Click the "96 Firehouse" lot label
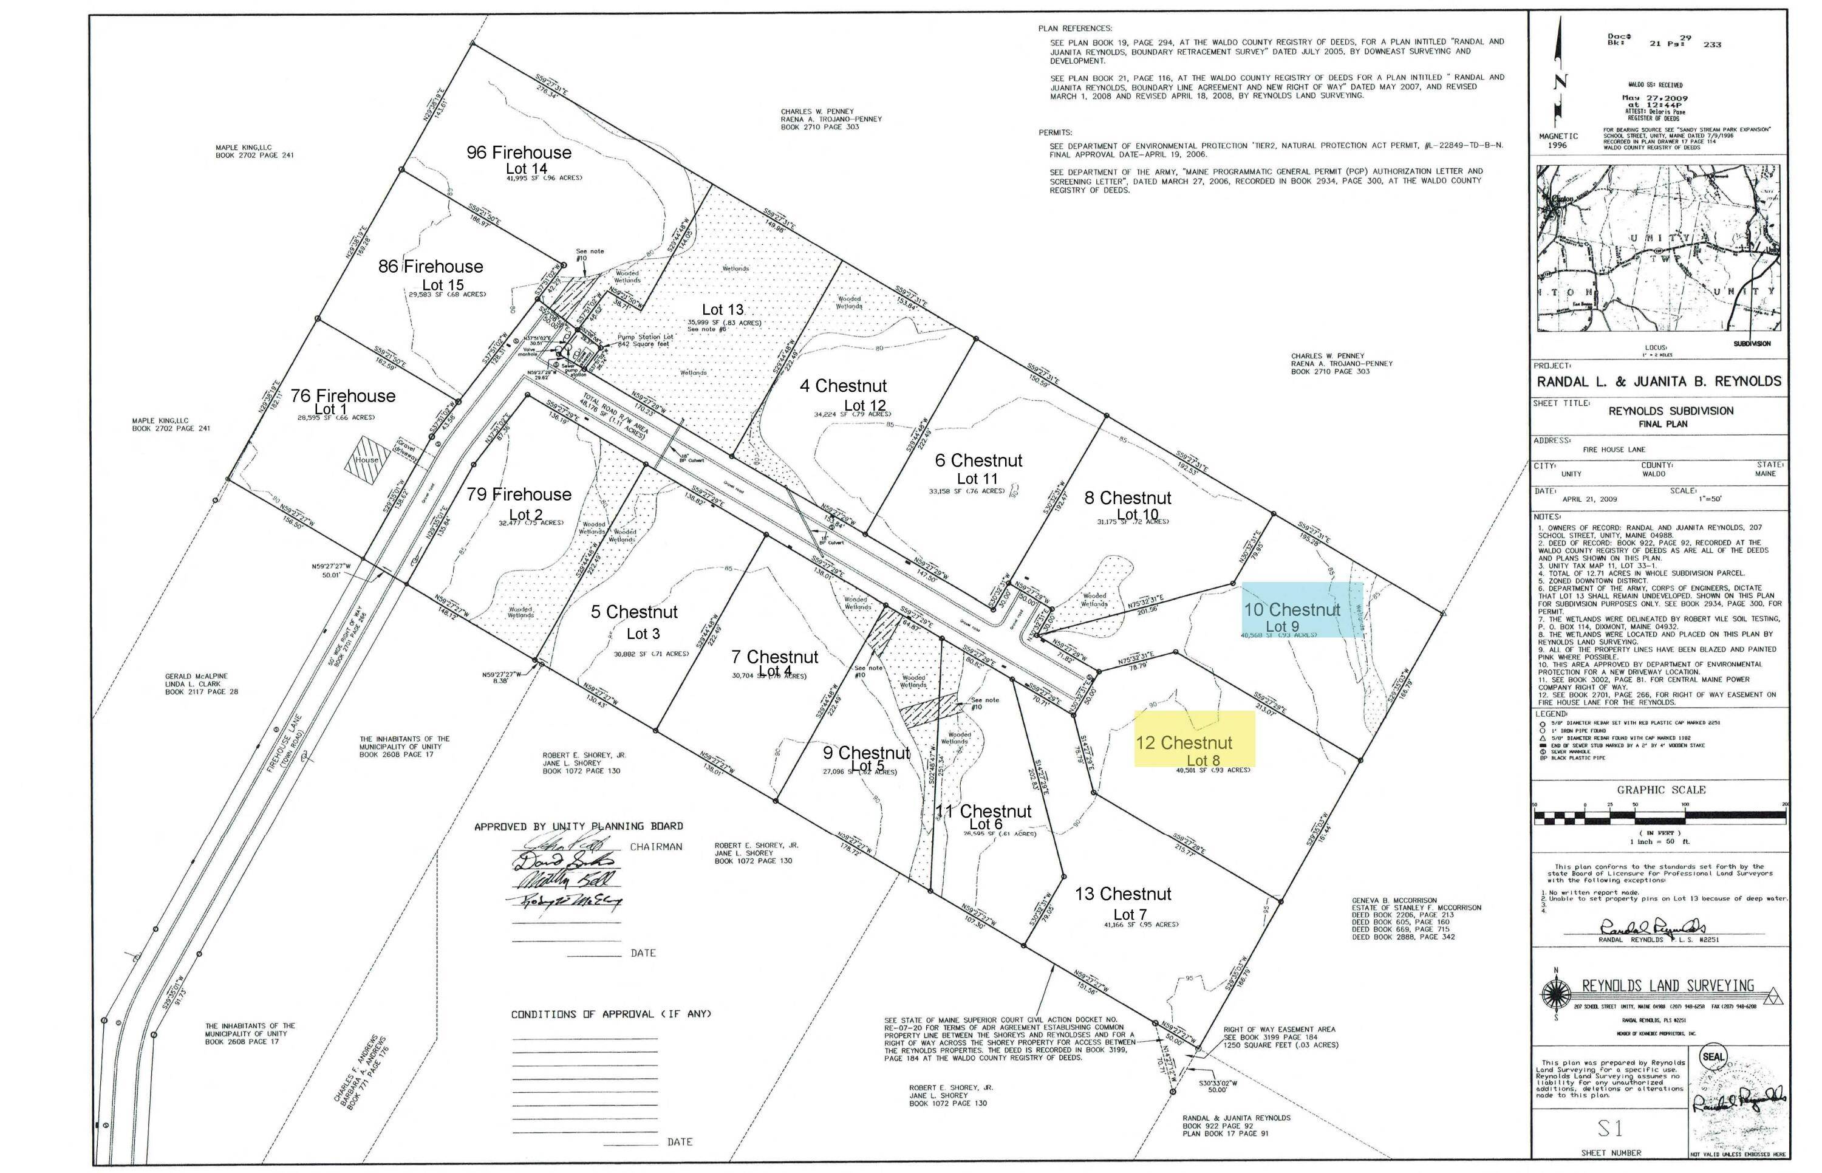(x=519, y=152)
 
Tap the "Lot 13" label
(x=722, y=309)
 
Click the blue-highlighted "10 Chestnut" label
(x=1291, y=609)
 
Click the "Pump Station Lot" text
(x=645, y=337)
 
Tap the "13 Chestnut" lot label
(x=1123, y=894)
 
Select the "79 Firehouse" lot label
(x=519, y=494)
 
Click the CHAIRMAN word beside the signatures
(x=655, y=846)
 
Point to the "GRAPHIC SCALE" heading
(x=1660, y=790)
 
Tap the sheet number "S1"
(x=1609, y=1127)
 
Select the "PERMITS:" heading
(x=1056, y=132)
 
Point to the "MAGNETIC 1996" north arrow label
(x=1558, y=140)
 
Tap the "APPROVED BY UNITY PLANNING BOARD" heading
(x=578, y=826)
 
